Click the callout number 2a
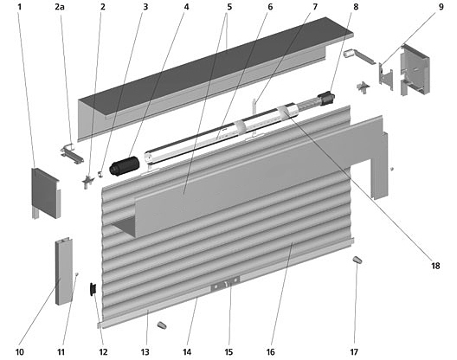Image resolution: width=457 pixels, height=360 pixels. pyautogui.click(x=60, y=7)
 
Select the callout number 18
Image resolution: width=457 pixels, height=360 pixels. pyautogui.click(x=435, y=266)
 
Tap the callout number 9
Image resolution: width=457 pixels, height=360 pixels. pyautogui.click(x=441, y=7)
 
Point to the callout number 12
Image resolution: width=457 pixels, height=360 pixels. pyautogui.click(x=103, y=352)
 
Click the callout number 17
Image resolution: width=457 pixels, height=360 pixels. pyautogui.click(x=354, y=352)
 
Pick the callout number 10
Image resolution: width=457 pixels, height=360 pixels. pyautogui.click(x=20, y=352)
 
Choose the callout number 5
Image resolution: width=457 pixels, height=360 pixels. pyautogui.click(x=229, y=7)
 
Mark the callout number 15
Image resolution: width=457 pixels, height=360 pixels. pyautogui.click(x=228, y=352)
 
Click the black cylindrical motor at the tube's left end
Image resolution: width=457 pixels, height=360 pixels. pyautogui.click(x=125, y=166)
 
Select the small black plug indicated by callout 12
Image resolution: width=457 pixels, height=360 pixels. pyautogui.click(x=93, y=289)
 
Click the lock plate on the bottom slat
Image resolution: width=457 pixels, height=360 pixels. pyautogui.click(x=225, y=284)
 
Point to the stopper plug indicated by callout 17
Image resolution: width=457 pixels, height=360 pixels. pyautogui.click(x=357, y=260)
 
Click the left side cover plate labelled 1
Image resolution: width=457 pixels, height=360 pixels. pyautogui.click(x=45, y=192)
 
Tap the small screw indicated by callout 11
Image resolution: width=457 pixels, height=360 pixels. pyautogui.click(x=77, y=273)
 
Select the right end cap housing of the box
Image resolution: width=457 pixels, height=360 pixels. pyautogui.click(x=415, y=70)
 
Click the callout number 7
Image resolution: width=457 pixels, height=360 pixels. pyautogui.click(x=315, y=7)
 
